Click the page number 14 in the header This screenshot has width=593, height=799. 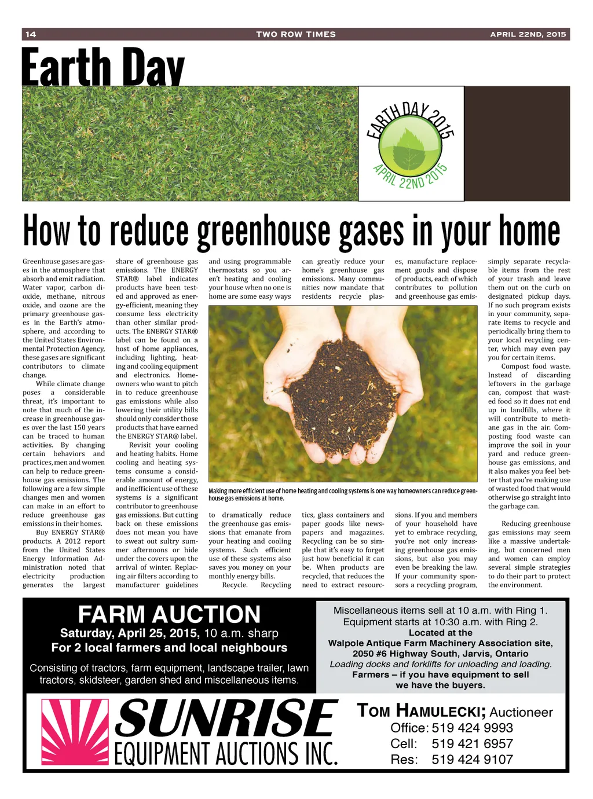31,34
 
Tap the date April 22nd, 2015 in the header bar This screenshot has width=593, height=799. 528,34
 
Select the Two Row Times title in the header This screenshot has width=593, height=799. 296,34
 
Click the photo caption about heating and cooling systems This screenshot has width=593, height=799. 343,494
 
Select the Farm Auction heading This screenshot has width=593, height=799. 169,614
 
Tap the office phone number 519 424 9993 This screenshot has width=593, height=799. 472,728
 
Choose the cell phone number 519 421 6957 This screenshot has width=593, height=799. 472,743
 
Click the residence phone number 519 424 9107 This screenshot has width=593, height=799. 472,759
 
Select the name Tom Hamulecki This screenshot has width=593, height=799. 420,712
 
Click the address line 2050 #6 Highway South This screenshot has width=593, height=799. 440,654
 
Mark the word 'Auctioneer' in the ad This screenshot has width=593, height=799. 521,712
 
